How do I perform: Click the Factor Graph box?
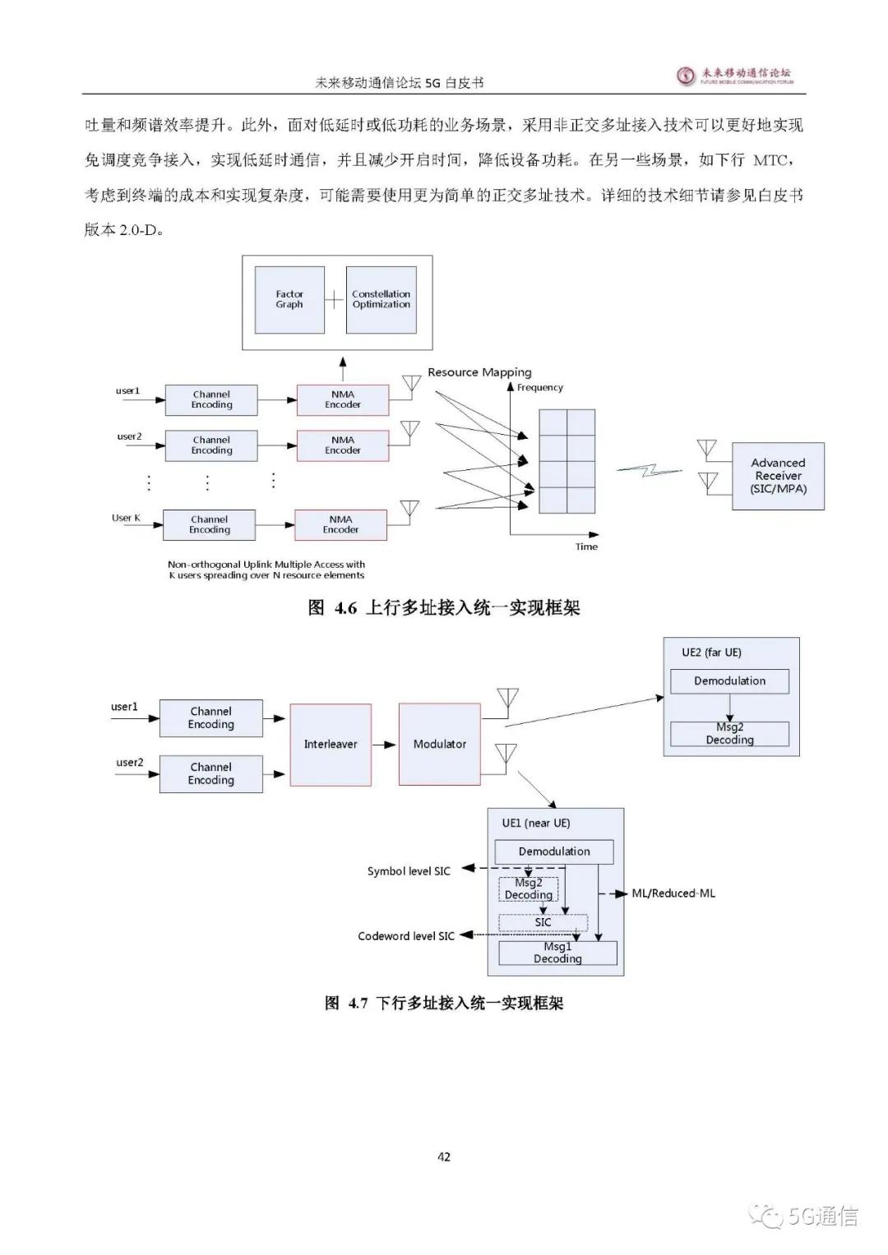pyautogui.click(x=289, y=299)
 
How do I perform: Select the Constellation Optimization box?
pyautogui.click(x=381, y=299)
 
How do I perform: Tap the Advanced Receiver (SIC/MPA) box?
pyautogui.click(x=778, y=476)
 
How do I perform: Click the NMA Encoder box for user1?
pyautogui.click(x=343, y=399)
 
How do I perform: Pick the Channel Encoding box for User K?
pyautogui.click(x=210, y=524)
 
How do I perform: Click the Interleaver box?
pyautogui.click(x=331, y=744)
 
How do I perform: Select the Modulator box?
pyautogui.click(x=439, y=744)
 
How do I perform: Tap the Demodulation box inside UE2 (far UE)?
pyautogui.click(x=729, y=681)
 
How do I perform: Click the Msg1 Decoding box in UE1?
pyautogui.click(x=557, y=953)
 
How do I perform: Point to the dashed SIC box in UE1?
pyautogui.click(x=543, y=922)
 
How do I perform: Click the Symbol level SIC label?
pyautogui.click(x=409, y=871)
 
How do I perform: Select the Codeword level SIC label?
pyautogui.click(x=406, y=936)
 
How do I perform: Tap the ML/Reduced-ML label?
pyautogui.click(x=673, y=893)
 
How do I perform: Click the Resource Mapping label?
pyautogui.click(x=479, y=372)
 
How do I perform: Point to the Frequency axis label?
pyautogui.click(x=540, y=388)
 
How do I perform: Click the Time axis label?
pyautogui.click(x=586, y=547)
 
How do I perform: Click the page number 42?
pyautogui.click(x=444, y=1157)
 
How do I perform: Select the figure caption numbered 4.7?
pyautogui.click(x=444, y=1004)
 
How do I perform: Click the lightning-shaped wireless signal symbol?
pyautogui.click(x=650, y=470)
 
